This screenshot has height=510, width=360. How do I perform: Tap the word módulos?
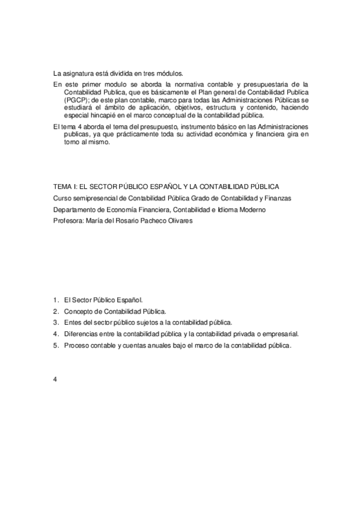point(176,73)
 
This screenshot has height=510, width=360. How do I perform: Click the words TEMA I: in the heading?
point(64,188)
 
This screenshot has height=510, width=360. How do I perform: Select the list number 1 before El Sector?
point(55,300)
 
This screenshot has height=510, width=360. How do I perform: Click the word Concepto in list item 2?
point(78,311)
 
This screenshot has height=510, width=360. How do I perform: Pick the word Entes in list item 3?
point(72,322)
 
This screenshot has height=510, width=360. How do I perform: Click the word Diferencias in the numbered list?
point(81,334)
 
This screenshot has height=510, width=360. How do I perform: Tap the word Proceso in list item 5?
point(75,345)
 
